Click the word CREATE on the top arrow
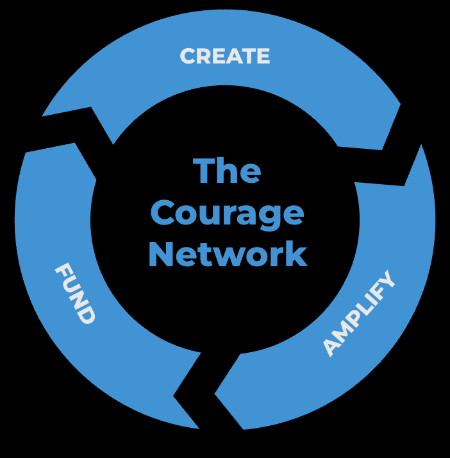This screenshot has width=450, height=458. pos(225,56)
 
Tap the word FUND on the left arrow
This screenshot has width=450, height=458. pos(76,293)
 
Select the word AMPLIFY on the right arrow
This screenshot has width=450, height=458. pos(360,314)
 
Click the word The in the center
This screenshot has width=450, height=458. pos(227,171)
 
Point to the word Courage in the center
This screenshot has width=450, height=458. pos(228,214)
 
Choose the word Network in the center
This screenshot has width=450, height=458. pos(228,254)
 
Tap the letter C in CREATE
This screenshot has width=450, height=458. pos(188,56)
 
